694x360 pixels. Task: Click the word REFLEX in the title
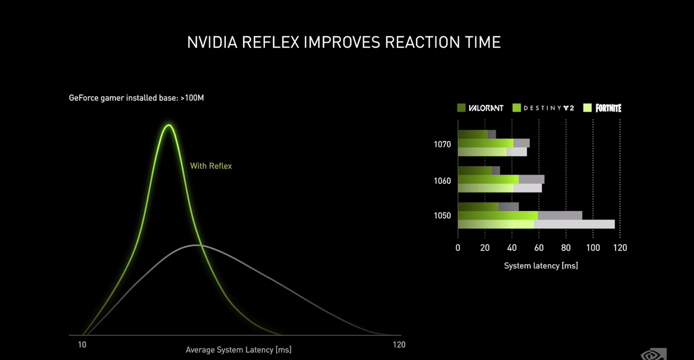(x=270, y=42)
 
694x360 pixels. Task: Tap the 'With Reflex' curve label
(x=211, y=166)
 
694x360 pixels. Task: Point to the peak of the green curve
(x=169, y=125)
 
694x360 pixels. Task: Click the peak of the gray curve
(x=196, y=245)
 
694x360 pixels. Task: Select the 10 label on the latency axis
(x=82, y=345)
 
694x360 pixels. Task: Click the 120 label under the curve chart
(x=399, y=345)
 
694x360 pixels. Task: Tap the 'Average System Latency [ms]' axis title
(x=238, y=350)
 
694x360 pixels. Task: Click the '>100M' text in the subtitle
(x=193, y=98)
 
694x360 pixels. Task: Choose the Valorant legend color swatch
(x=461, y=108)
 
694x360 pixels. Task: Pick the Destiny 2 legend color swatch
(x=517, y=108)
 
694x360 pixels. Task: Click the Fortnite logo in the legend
(x=608, y=108)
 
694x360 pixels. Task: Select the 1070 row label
(x=443, y=145)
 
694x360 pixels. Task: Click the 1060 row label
(x=443, y=181)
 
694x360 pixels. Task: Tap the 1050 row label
(x=443, y=215)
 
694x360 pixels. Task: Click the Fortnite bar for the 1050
(x=537, y=224)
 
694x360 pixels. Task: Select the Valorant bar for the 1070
(x=477, y=135)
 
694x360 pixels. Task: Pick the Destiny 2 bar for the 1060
(x=501, y=180)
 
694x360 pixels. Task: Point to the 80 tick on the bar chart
(x=566, y=248)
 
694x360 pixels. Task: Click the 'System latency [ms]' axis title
(x=541, y=266)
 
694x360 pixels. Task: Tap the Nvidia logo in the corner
(x=654, y=354)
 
